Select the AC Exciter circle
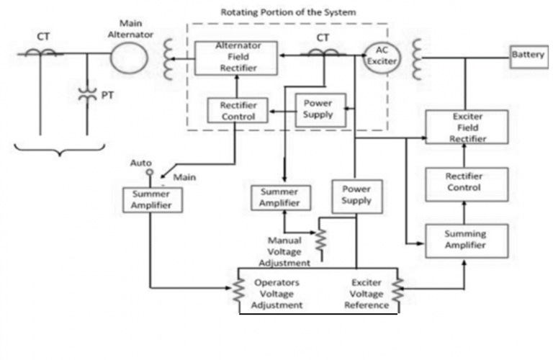377,55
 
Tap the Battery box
529,55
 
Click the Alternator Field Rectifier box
225,57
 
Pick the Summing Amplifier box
466,239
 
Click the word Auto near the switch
141,163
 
